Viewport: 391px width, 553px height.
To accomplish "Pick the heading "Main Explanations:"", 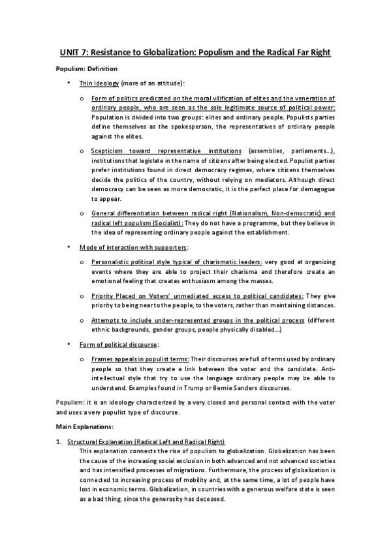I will tap(85, 426).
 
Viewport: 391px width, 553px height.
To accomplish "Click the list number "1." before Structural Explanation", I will tap(59, 442).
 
